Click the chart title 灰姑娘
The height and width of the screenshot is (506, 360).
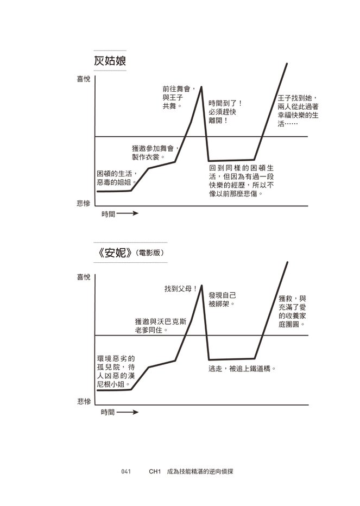point(110,61)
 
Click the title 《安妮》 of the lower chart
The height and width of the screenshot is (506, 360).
point(115,252)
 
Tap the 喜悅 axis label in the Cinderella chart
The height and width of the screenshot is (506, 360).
point(84,79)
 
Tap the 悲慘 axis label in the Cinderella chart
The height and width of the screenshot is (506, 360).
point(84,203)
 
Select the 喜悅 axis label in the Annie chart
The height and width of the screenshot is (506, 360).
point(84,277)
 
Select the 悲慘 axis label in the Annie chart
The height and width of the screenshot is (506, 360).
point(84,401)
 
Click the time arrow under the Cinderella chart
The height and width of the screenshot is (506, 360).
point(128,213)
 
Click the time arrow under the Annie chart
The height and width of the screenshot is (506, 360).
point(128,412)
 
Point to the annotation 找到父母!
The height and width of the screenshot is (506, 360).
point(180,289)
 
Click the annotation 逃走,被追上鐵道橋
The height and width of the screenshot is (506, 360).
point(242,369)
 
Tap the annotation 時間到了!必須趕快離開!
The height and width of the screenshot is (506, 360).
point(225,112)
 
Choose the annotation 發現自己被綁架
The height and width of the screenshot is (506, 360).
point(223,300)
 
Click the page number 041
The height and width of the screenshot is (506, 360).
point(126,471)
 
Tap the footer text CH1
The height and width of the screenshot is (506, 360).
point(155,471)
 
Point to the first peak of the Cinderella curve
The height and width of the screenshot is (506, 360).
point(201,87)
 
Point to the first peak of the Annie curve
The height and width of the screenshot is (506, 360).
point(201,286)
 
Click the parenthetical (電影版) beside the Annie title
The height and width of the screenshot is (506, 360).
point(150,253)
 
